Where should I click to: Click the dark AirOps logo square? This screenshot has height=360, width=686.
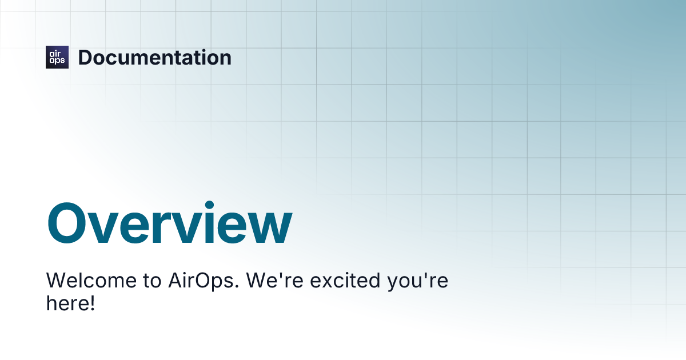click(x=57, y=57)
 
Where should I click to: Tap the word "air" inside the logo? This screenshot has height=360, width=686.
click(x=55, y=54)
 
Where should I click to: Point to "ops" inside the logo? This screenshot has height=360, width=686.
click(x=57, y=61)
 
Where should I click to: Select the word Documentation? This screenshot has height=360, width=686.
click(x=155, y=58)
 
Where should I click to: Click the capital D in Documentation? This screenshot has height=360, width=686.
click(x=85, y=58)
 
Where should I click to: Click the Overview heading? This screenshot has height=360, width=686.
click(x=169, y=222)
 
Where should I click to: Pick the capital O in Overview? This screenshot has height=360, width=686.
click(x=66, y=223)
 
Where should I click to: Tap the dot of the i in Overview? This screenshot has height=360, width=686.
click(x=209, y=205)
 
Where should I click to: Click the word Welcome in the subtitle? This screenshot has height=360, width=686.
click(x=91, y=281)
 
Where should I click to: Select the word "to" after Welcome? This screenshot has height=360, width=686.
click(x=152, y=281)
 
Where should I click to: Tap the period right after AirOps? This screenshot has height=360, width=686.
click(x=237, y=286)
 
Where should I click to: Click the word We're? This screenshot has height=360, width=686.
click(x=275, y=281)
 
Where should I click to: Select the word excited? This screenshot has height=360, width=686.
click(x=345, y=281)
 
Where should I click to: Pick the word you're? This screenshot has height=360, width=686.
click(x=418, y=282)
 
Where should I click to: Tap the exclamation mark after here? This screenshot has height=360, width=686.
click(x=92, y=303)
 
